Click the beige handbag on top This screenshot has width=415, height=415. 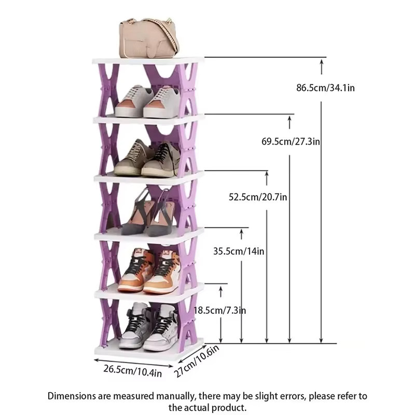pyautogui.click(x=149, y=38)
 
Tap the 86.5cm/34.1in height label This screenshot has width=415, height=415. pyautogui.click(x=325, y=88)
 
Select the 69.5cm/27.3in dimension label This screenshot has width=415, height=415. pyautogui.click(x=290, y=142)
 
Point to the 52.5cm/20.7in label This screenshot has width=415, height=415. pyautogui.click(x=258, y=197)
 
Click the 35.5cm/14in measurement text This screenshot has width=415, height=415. pyautogui.click(x=239, y=251)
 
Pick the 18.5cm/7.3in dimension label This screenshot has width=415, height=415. pyautogui.click(x=219, y=310)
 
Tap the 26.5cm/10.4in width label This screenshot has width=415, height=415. pyautogui.click(x=133, y=371)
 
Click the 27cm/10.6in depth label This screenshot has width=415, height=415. pyautogui.click(x=197, y=361)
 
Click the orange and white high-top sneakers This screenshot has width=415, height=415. pyautogui.click(x=149, y=271)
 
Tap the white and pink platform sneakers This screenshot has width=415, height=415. pyautogui.click(x=148, y=101)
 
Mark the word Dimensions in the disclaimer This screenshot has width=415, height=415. pyautogui.click(x=72, y=396)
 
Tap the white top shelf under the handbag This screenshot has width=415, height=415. pyautogui.click(x=148, y=61)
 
